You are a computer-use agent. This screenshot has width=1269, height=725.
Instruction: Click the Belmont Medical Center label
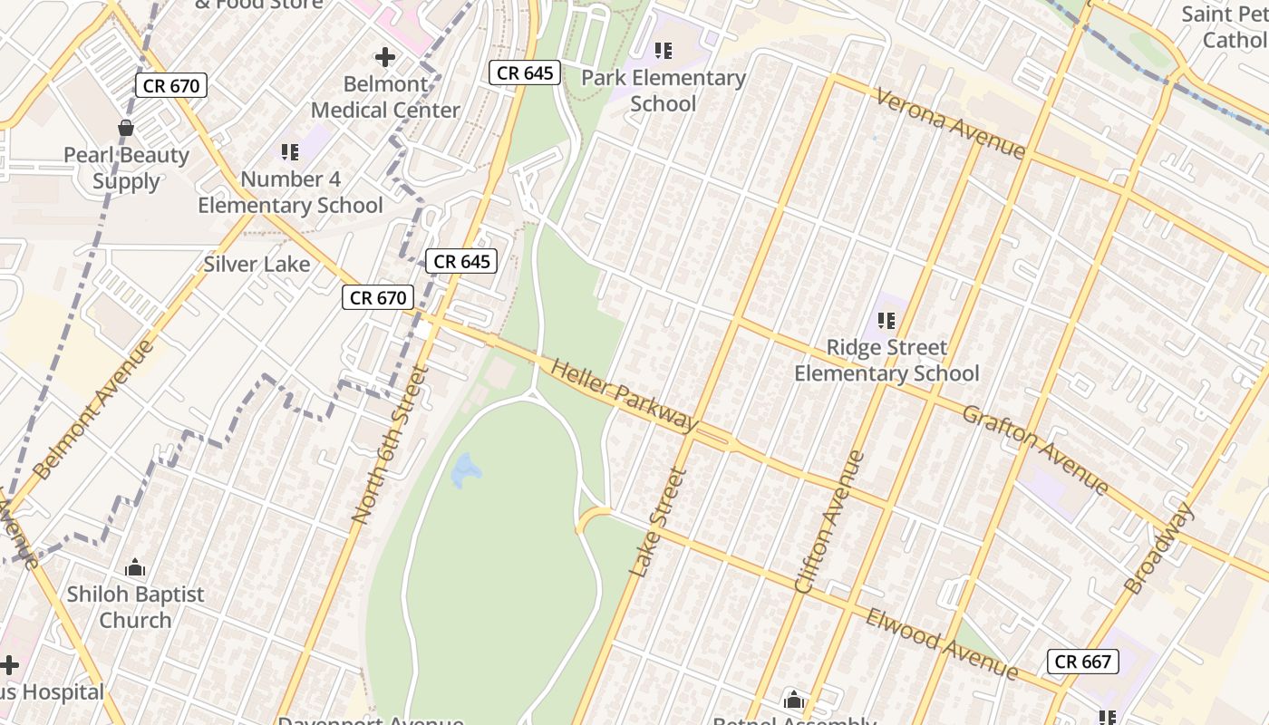click(385, 97)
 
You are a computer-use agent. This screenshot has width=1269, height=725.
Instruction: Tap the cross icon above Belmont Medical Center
click(385, 57)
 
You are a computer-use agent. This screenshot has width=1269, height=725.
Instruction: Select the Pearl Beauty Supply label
click(126, 168)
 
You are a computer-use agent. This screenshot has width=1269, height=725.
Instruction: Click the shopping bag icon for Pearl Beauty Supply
click(126, 128)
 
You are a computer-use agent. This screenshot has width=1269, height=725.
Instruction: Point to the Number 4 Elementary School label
click(290, 192)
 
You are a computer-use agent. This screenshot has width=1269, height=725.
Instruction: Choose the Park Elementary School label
click(663, 91)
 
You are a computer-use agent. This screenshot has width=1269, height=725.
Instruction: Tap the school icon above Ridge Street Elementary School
click(886, 320)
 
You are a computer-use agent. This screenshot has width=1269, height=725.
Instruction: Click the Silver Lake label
click(257, 265)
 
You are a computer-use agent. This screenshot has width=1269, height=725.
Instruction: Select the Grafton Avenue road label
click(1035, 449)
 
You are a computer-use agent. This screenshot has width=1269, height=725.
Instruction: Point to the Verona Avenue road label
click(949, 122)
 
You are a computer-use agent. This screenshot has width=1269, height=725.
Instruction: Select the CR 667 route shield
click(1083, 662)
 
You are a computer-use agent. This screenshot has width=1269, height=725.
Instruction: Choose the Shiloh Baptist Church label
click(136, 607)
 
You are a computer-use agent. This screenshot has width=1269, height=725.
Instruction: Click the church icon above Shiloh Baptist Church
click(135, 568)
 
